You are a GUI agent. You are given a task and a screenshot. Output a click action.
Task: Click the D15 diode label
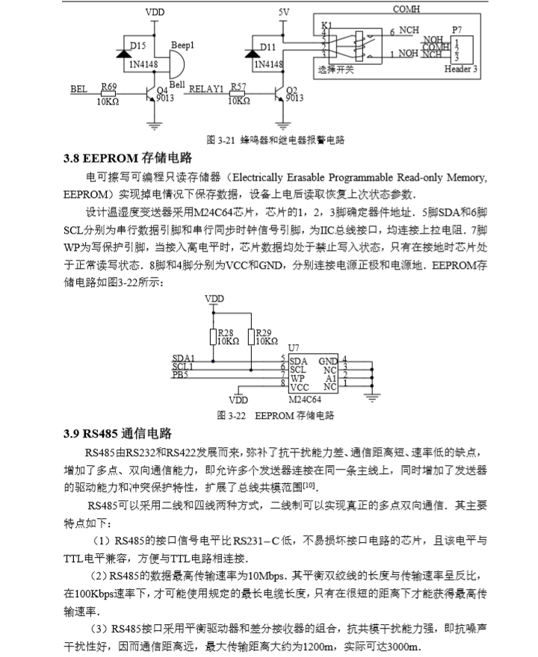point(138,46)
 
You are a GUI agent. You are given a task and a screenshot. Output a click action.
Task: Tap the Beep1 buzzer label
point(182,46)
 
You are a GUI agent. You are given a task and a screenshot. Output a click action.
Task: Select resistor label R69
point(109,88)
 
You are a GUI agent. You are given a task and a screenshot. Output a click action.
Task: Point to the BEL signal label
point(78,89)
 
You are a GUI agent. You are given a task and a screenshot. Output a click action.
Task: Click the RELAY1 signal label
point(205,89)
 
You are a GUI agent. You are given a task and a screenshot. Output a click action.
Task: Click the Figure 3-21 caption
point(275,140)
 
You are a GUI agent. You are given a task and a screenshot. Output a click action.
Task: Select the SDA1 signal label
point(184,359)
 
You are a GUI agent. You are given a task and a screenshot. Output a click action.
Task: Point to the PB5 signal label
point(180,375)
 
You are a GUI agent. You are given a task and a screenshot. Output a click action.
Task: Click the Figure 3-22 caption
point(275,414)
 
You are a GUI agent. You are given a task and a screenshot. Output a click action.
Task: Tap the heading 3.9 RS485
point(118,434)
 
